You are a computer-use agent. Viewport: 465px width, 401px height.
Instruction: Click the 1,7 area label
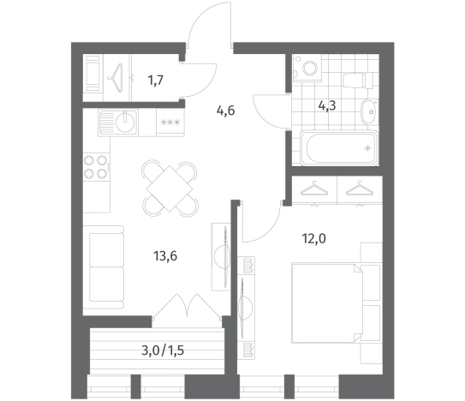[x=156, y=81]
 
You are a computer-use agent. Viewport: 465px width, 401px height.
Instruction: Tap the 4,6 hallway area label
[x=226, y=111]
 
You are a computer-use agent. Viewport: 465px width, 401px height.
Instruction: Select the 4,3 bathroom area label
[x=327, y=105]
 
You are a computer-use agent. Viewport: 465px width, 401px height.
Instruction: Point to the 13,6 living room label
[x=165, y=255]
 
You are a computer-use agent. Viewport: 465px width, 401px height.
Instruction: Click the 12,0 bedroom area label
[x=313, y=238]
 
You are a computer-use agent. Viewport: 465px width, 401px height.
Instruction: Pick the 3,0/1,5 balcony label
[x=163, y=350]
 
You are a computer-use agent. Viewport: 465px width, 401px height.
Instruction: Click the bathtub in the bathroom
[x=340, y=147]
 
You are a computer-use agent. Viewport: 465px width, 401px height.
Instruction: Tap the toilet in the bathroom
[x=358, y=81]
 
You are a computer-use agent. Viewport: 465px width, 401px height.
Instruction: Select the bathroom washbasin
[x=369, y=112]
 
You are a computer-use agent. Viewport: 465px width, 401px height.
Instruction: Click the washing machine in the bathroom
[x=307, y=69]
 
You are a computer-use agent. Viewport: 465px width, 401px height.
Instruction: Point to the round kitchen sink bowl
[x=125, y=123]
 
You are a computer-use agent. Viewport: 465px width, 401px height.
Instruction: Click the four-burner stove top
[x=96, y=167]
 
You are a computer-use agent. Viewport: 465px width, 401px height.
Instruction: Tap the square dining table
[x=170, y=189]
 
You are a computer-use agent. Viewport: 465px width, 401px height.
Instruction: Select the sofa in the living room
[x=104, y=267]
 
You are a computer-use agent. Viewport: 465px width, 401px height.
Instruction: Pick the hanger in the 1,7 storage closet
[x=116, y=78]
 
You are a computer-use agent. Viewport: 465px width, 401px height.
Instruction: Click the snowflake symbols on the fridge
[x=170, y=123]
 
